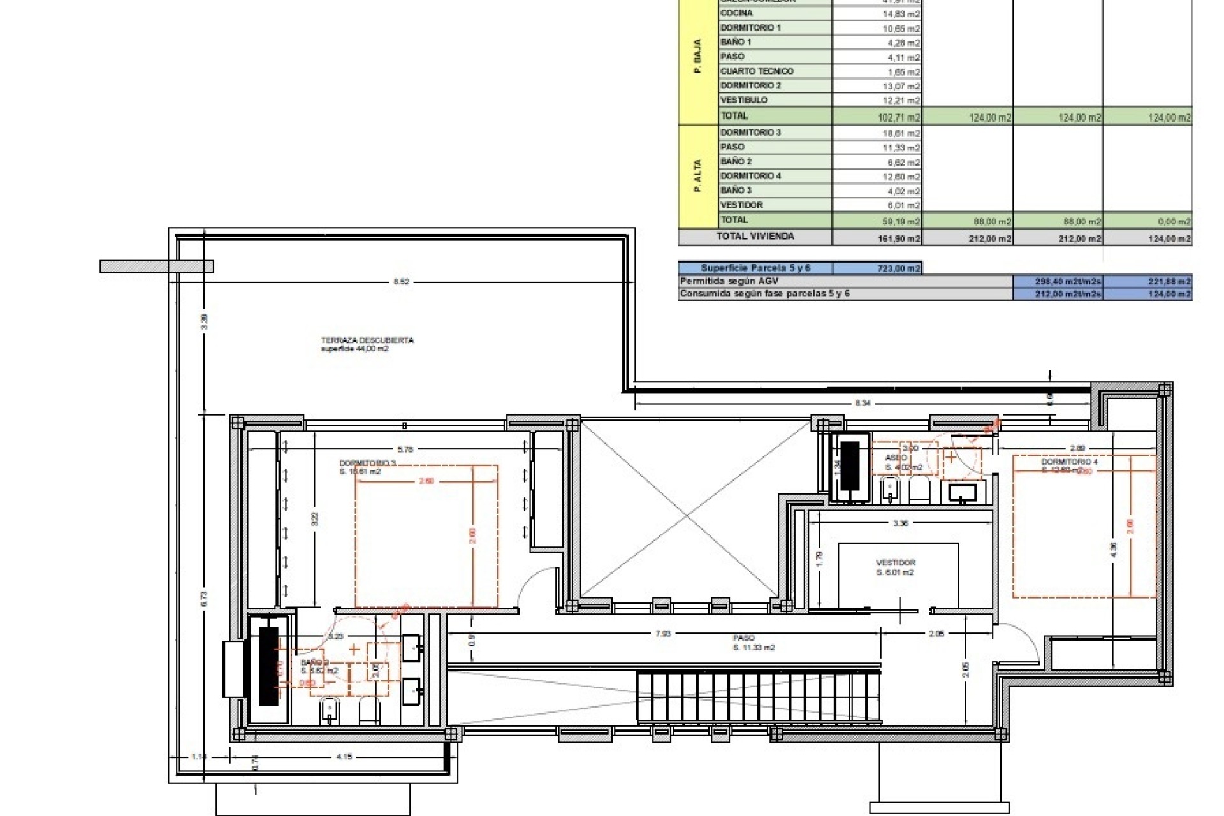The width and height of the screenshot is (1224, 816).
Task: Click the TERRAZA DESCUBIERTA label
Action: point(367,340)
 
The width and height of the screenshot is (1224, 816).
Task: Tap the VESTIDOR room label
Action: point(895,564)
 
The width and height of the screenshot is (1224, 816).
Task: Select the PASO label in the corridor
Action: point(744,637)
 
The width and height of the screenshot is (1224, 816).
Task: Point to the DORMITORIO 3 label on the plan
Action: point(368,463)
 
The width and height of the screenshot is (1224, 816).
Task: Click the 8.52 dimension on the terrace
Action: point(401,282)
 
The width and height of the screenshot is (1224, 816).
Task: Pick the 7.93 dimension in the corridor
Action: point(663,634)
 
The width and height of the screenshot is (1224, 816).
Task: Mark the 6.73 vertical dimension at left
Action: point(204,599)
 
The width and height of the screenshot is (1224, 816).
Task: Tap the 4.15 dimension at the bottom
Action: point(344,757)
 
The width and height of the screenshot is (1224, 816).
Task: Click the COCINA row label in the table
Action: point(736,13)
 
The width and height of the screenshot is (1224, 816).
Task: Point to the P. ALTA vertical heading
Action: point(697,177)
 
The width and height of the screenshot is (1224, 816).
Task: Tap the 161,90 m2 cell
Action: point(899,238)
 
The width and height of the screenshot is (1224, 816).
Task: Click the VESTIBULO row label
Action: point(744,100)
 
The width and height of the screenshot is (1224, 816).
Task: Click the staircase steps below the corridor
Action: point(759,696)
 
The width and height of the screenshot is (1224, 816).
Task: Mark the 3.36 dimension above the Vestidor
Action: point(900,523)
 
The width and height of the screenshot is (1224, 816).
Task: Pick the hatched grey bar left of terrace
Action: point(156,266)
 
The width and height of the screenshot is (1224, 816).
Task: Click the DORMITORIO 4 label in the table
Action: point(750,176)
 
